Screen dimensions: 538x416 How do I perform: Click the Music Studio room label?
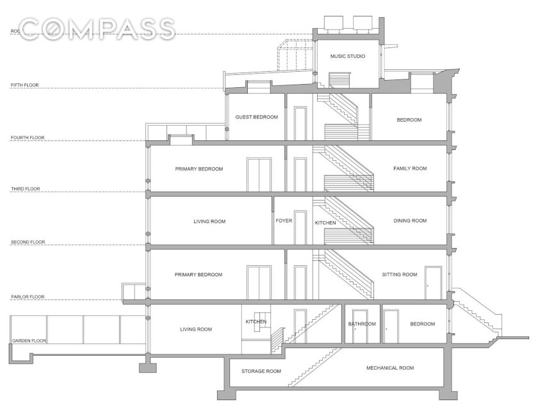click(x=348, y=56)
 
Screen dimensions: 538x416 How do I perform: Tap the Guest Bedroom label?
click(x=257, y=117)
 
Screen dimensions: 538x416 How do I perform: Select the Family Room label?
click(x=410, y=169)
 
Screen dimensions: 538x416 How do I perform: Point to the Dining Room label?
click(x=410, y=221)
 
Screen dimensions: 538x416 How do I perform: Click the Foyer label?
click(x=284, y=221)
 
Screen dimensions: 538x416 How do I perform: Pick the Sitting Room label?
click(x=400, y=274)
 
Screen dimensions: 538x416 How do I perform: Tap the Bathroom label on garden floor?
click(x=362, y=324)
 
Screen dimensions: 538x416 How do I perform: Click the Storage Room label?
click(x=261, y=371)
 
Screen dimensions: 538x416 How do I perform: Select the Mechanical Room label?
click(x=390, y=368)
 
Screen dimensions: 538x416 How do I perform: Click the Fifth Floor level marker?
click(x=25, y=85)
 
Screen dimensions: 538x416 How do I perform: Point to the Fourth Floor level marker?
click(x=28, y=138)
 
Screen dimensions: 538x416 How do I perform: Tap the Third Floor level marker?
click(x=26, y=189)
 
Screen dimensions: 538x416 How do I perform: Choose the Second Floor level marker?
click(x=28, y=242)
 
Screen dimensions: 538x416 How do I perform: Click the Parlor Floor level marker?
click(x=28, y=297)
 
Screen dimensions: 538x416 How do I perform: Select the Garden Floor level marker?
click(x=29, y=341)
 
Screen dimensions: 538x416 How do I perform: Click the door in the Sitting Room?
click(x=434, y=283)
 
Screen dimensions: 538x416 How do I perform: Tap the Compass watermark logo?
click(x=97, y=29)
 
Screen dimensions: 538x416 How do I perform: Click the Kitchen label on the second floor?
click(x=325, y=223)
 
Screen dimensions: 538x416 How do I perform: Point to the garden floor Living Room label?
click(x=196, y=329)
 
